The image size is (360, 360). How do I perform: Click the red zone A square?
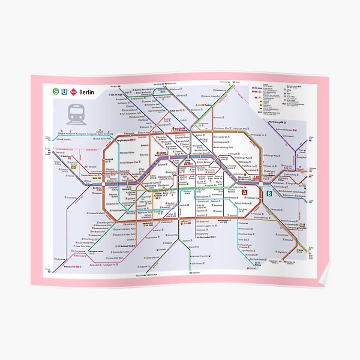pyautogui.click(x=244, y=210)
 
